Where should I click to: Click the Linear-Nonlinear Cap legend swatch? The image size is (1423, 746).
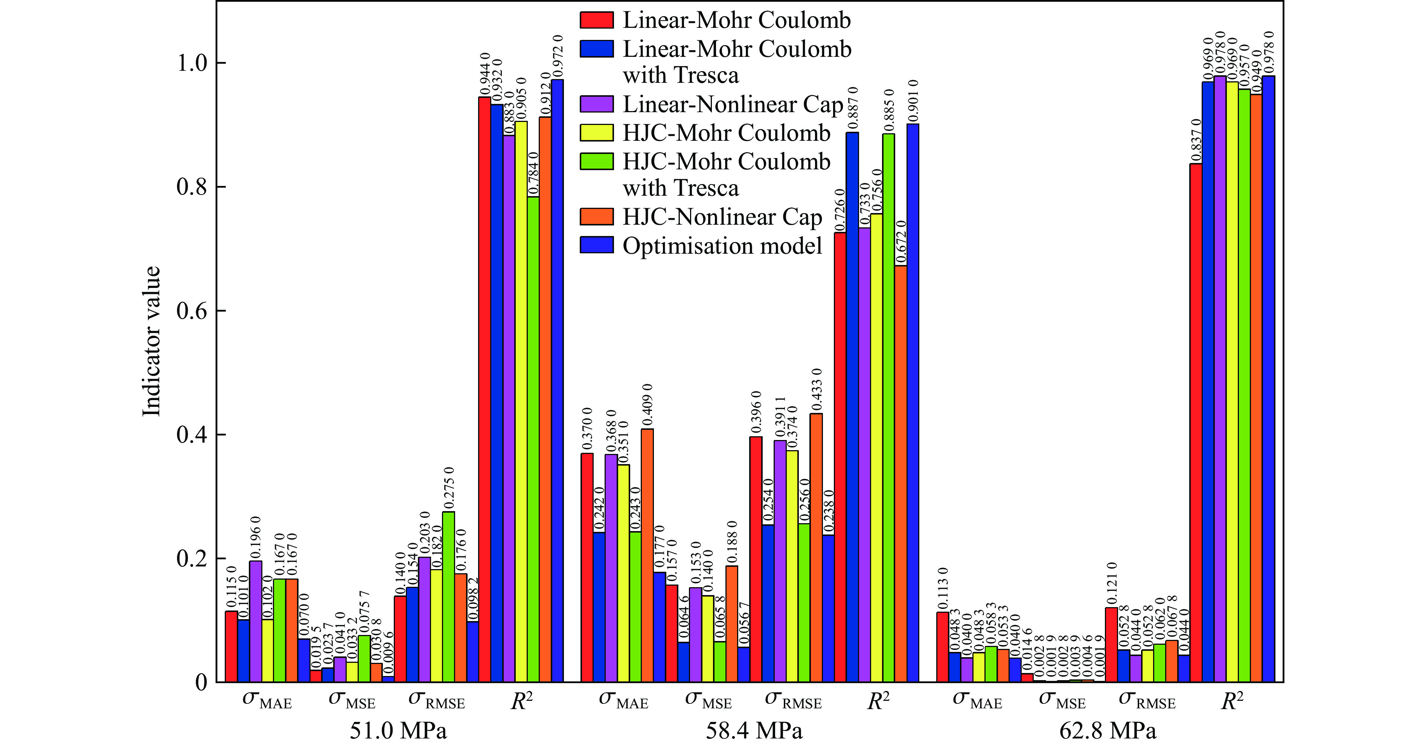[x=597, y=104]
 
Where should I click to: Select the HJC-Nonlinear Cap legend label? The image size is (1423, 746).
[x=722, y=217]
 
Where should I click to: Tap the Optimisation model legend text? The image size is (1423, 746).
[x=722, y=246]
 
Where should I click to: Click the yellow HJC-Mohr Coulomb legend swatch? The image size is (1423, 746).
[x=597, y=132]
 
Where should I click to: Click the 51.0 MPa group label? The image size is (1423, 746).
[x=398, y=731]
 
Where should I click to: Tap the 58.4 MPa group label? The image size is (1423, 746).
[x=754, y=731]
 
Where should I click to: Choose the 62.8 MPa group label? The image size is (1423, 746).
[x=1108, y=731]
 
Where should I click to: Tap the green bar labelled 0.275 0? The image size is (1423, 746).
[x=449, y=596]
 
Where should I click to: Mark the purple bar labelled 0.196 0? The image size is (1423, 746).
[x=256, y=621]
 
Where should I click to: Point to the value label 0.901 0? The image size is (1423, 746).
[x=913, y=100]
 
